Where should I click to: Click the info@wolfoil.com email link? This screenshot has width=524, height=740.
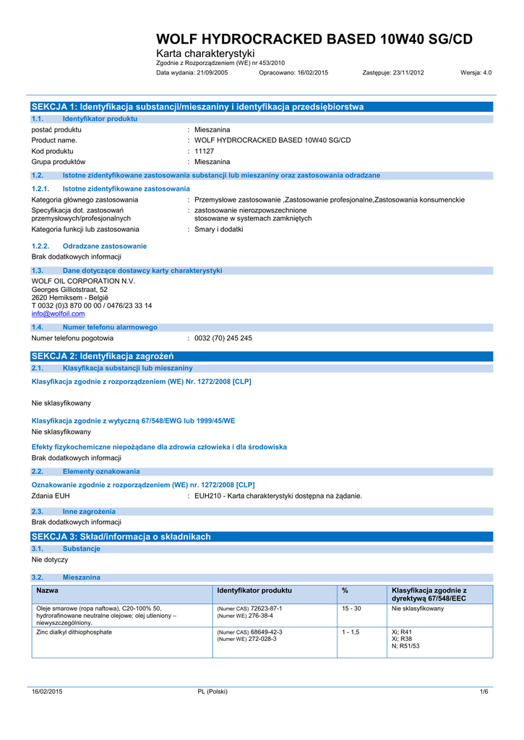point(58,314)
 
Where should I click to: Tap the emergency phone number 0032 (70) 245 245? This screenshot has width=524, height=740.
point(223,338)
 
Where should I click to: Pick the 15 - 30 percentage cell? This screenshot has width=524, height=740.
point(351,608)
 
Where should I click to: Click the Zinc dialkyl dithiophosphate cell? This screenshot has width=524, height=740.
point(74,632)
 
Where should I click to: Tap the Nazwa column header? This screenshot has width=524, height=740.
point(47,590)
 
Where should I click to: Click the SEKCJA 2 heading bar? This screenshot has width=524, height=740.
point(262,356)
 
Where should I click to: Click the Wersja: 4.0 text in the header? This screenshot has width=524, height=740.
point(476,73)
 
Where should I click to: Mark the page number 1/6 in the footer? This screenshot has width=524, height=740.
point(484,692)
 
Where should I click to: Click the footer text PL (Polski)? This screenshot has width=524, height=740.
point(212,692)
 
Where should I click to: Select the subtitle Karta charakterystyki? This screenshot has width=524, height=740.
point(206,54)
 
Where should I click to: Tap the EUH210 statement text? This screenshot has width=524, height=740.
point(278,496)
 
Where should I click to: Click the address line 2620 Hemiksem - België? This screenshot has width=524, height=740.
point(69,297)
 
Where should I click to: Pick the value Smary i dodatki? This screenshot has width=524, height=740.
point(219,229)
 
